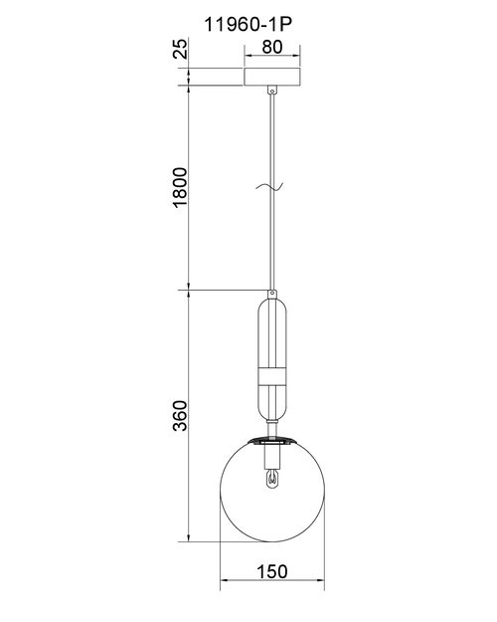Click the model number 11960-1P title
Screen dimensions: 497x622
coord(248,25)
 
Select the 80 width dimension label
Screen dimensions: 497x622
coord(272,47)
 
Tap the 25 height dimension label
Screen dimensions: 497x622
coord(181,49)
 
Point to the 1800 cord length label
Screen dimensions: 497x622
coord(180,187)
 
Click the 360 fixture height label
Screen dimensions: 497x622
coord(180,415)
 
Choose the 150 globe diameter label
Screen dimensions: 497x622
coord(272,572)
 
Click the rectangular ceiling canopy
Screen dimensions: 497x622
coord(272,77)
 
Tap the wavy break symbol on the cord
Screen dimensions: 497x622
coord(269,186)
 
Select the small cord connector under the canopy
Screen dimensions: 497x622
coord(272,90)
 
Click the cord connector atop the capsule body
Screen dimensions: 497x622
coord(272,295)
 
